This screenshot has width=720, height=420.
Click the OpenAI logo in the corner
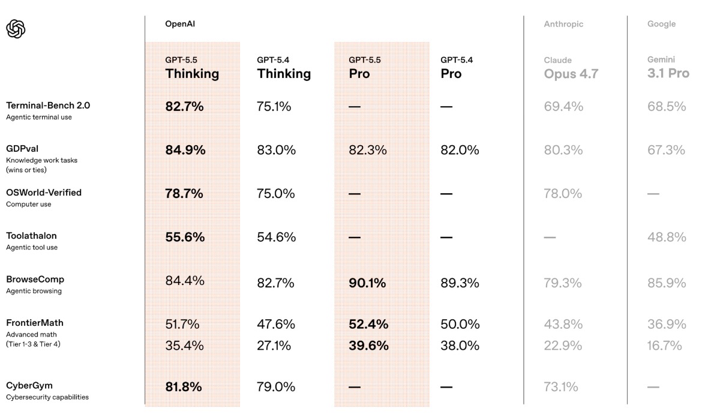click(x=16, y=29)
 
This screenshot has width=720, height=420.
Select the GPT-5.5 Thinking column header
click(x=192, y=68)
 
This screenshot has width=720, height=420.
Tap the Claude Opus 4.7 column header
click(x=571, y=69)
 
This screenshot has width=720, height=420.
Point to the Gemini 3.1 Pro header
click(x=668, y=68)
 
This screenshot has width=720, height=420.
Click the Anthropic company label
click(x=563, y=24)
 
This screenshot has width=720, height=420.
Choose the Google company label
click(x=661, y=24)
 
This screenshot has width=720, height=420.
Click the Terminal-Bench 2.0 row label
click(x=48, y=106)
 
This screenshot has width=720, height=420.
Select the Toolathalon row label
click(x=31, y=236)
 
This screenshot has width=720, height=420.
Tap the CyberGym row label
click(x=29, y=385)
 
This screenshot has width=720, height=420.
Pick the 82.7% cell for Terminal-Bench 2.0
click(x=184, y=106)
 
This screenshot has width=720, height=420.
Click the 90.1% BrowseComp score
click(x=367, y=283)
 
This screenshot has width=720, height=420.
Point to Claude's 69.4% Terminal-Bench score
click(x=563, y=106)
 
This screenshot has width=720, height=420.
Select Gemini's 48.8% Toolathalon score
click(x=667, y=237)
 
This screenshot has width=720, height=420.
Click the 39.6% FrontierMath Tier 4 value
click(x=368, y=346)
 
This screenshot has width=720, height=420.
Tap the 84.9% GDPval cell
click(x=185, y=150)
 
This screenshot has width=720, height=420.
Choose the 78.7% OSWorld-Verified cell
click(x=184, y=193)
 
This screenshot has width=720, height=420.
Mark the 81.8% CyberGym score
click(x=183, y=387)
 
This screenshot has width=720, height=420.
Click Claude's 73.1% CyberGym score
click(x=561, y=387)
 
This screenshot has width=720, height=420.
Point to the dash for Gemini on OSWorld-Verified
click(x=653, y=194)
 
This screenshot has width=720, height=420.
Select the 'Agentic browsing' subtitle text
click(x=34, y=291)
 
